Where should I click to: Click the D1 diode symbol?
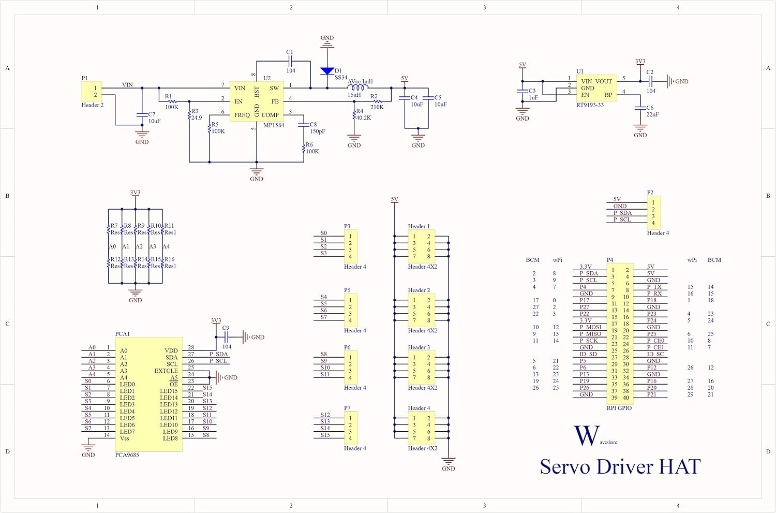(327, 71)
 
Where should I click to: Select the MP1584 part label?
(274, 125)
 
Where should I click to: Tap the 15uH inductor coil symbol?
(358, 87)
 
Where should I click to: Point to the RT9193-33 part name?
(590, 105)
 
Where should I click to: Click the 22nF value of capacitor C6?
(652, 114)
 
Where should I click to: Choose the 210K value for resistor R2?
(377, 107)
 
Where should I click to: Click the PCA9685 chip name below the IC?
(127, 455)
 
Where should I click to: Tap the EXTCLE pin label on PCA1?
(166, 371)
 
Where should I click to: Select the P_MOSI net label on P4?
(591, 327)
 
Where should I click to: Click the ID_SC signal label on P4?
(655, 354)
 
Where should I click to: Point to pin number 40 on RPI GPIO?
(626, 398)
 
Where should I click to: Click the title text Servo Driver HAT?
(620, 466)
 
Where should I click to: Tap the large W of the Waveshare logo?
(587, 435)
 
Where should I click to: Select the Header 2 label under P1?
(93, 105)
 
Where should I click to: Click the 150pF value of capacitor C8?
(317, 131)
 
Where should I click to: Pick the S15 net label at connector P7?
(325, 435)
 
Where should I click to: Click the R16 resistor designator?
(169, 259)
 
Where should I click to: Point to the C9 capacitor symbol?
(226, 336)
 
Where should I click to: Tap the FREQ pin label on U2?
(242, 115)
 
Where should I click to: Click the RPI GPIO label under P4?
(619, 408)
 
